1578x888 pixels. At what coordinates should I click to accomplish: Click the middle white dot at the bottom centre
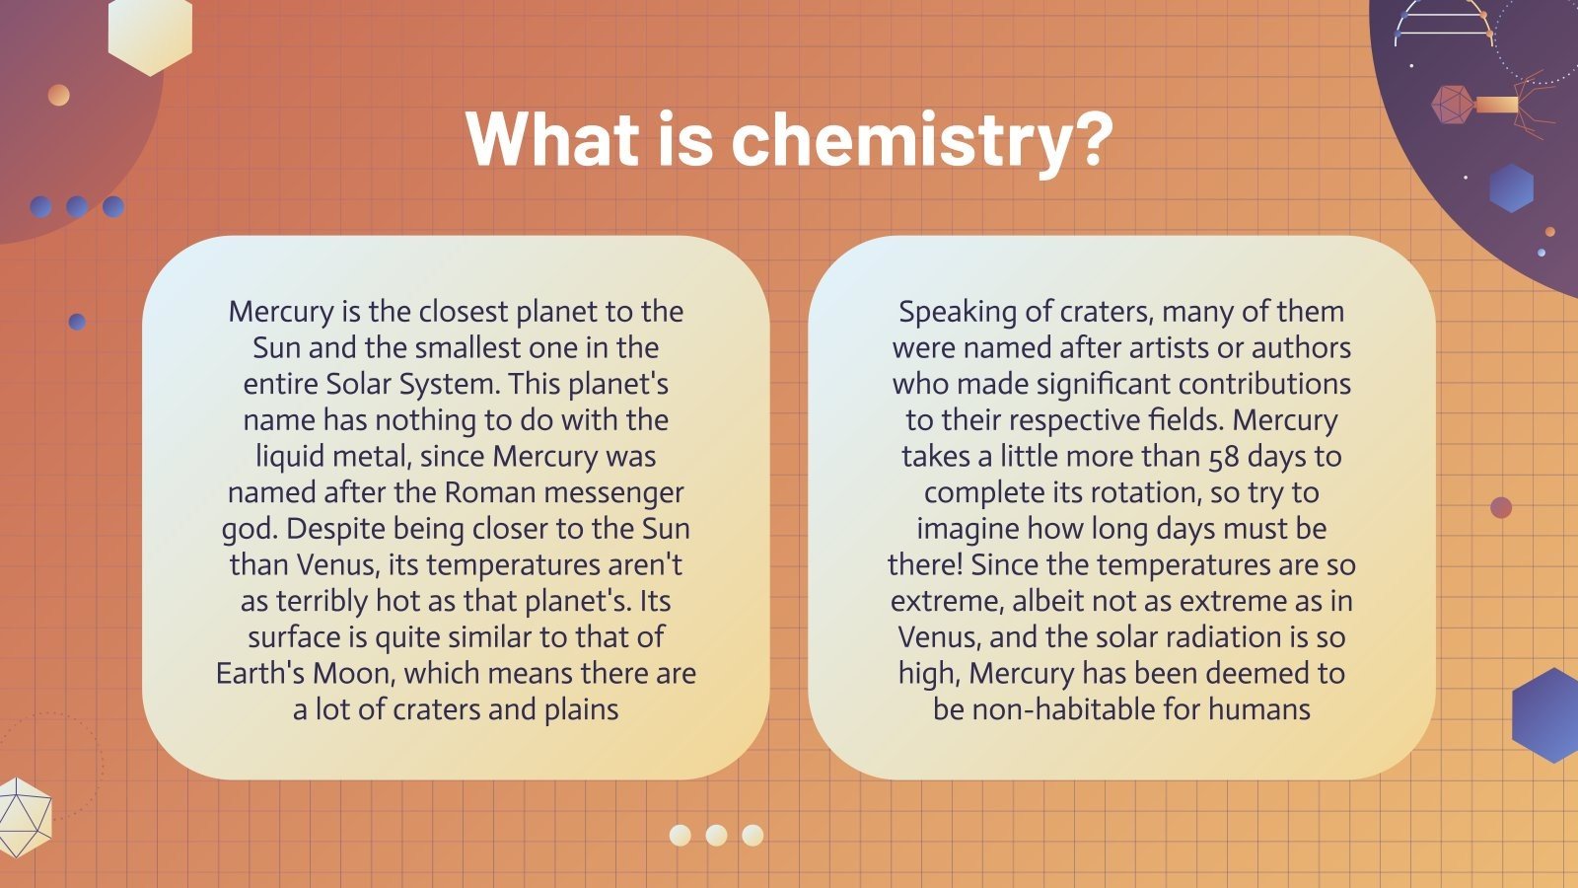point(716,836)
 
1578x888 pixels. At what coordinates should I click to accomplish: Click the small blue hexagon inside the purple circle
point(1511,187)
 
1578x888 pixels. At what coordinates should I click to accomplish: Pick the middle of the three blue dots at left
point(77,207)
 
